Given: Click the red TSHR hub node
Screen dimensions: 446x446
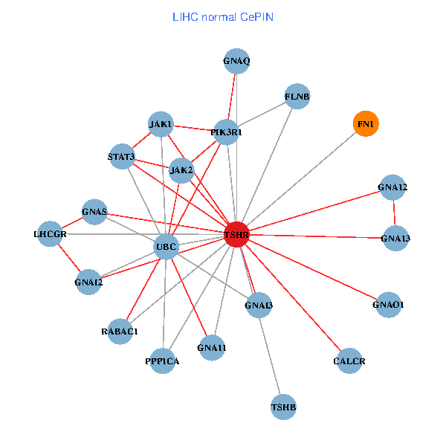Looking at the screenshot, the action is [236, 234].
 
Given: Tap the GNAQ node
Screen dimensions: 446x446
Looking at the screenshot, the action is [236, 62].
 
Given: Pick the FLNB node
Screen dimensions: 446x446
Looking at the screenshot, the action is [297, 97].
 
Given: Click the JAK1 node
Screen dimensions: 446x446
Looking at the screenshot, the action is [161, 123].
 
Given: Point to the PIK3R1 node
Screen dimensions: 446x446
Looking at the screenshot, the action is [226, 132].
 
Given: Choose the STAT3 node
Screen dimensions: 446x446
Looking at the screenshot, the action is [121, 157].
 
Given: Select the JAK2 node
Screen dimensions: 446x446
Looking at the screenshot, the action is [181, 170].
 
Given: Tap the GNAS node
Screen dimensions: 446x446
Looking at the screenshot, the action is [95, 212].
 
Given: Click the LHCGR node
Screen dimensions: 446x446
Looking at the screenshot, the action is [50, 234].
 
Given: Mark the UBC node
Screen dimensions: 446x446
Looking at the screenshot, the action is [166, 247].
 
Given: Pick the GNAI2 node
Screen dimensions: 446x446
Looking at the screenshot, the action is [88, 281].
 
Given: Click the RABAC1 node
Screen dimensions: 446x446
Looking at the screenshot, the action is [120, 331].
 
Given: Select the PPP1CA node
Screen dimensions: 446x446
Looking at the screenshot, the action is [162, 361].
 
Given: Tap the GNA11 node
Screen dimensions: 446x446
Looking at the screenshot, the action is [212, 347].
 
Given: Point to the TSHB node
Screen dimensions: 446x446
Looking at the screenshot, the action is [283, 407].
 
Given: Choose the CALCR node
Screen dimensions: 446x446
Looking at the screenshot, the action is [349, 361].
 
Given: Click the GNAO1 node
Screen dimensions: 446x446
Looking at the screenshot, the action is [388, 304].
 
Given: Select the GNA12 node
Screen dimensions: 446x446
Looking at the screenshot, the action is [392, 187].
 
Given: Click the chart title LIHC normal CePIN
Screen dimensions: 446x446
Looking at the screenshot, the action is [223, 16].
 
